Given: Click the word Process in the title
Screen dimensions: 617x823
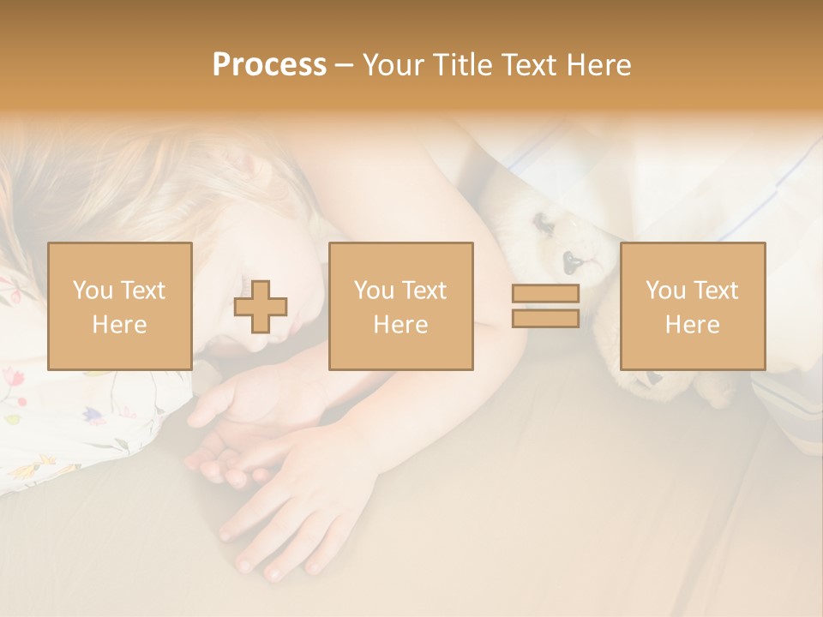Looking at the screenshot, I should [269, 65].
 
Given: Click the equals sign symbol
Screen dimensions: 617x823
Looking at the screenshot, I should [545, 306].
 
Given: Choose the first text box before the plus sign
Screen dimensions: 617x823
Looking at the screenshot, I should [120, 306].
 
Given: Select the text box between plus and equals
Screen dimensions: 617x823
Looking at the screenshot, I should [400, 306].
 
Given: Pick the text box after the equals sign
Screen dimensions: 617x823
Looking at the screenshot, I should [692, 306].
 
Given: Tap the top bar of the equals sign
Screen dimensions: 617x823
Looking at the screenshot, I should [545, 294].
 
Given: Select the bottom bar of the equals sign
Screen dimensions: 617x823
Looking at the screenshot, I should [545, 318].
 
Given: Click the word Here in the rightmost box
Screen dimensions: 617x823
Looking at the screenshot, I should [692, 325].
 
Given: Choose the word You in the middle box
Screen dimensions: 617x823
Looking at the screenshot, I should [374, 291].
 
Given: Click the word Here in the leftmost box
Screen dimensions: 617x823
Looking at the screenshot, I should [120, 325].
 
